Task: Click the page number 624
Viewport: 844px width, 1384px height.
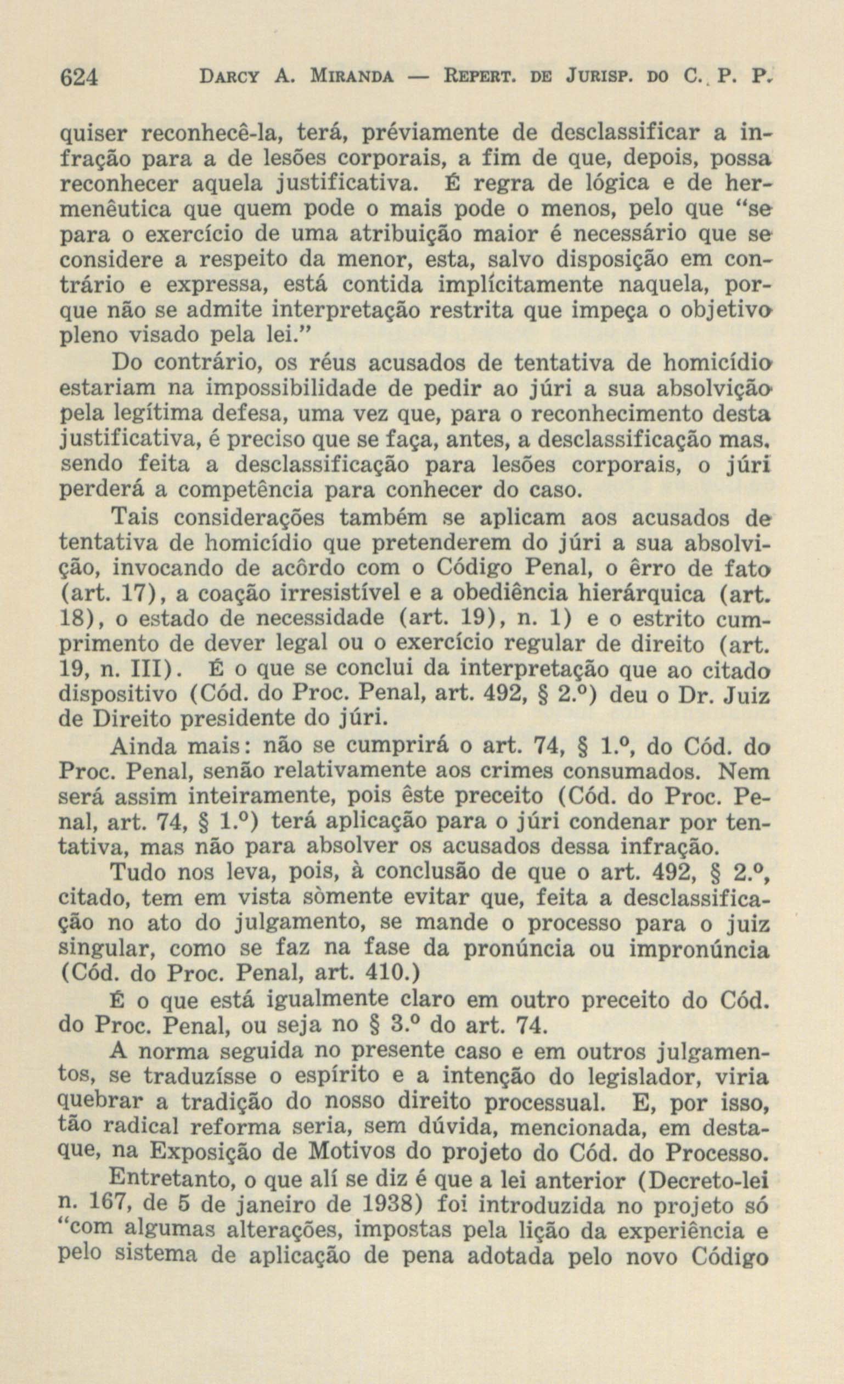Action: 79,75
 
